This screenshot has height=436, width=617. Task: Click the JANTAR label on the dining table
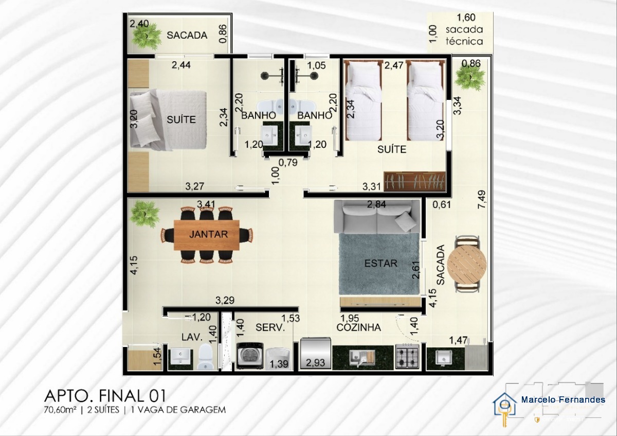point(208,234)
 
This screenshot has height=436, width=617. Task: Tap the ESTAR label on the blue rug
point(380,264)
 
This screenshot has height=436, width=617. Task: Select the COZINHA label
point(359,327)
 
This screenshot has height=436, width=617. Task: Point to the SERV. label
point(270,327)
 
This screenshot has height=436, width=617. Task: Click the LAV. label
point(192,337)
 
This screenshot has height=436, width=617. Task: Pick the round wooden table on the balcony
point(467,264)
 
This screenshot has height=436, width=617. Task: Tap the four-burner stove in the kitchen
point(407,357)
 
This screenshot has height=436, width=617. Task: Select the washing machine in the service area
point(250,356)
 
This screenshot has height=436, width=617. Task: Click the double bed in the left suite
point(168,120)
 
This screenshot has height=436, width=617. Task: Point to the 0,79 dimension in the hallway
point(288,163)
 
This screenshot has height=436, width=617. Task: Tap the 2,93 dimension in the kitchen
point(315,363)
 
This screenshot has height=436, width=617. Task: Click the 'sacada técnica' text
point(464,36)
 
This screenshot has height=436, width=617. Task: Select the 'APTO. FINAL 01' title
point(105,396)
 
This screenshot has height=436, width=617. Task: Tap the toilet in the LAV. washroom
point(206,356)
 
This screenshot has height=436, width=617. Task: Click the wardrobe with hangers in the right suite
point(414,182)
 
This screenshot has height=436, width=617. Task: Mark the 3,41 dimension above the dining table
point(206,204)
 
